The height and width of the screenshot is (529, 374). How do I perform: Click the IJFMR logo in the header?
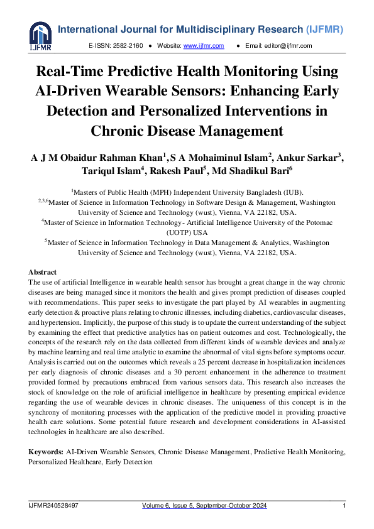click(x=41, y=36)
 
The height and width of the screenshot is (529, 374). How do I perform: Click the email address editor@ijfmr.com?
click(x=288, y=46)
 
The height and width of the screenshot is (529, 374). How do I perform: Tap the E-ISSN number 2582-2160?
click(x=129, y=46)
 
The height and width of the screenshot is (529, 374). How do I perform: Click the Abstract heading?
click(x=42, y=272)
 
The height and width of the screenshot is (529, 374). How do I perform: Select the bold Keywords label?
click(x=46, y=452)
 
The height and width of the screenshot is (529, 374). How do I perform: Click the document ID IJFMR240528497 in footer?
click(x=53, y=506)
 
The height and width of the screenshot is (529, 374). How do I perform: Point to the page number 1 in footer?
click(x=344, y=506)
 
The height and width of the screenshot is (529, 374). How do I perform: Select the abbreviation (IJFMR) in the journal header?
click(x=326, y=29)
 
